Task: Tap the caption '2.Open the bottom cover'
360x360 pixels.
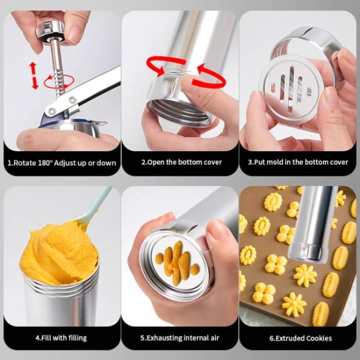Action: pos(182,163)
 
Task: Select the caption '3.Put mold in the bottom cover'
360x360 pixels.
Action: pos(298,163)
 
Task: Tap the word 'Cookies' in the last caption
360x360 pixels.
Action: pos(316,338)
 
